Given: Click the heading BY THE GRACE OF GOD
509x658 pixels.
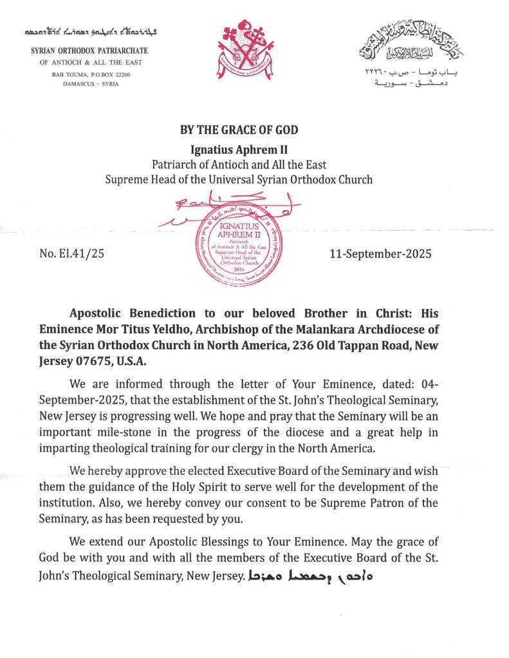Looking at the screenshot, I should [x=239, y=130].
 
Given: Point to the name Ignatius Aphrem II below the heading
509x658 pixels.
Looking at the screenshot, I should [x=239, y=149].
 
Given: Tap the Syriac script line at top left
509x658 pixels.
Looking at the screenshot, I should [x=89, y=31].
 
